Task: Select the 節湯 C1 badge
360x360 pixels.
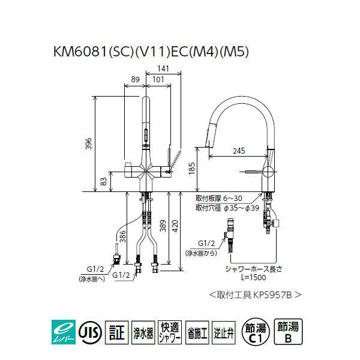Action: click(256, 331)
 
